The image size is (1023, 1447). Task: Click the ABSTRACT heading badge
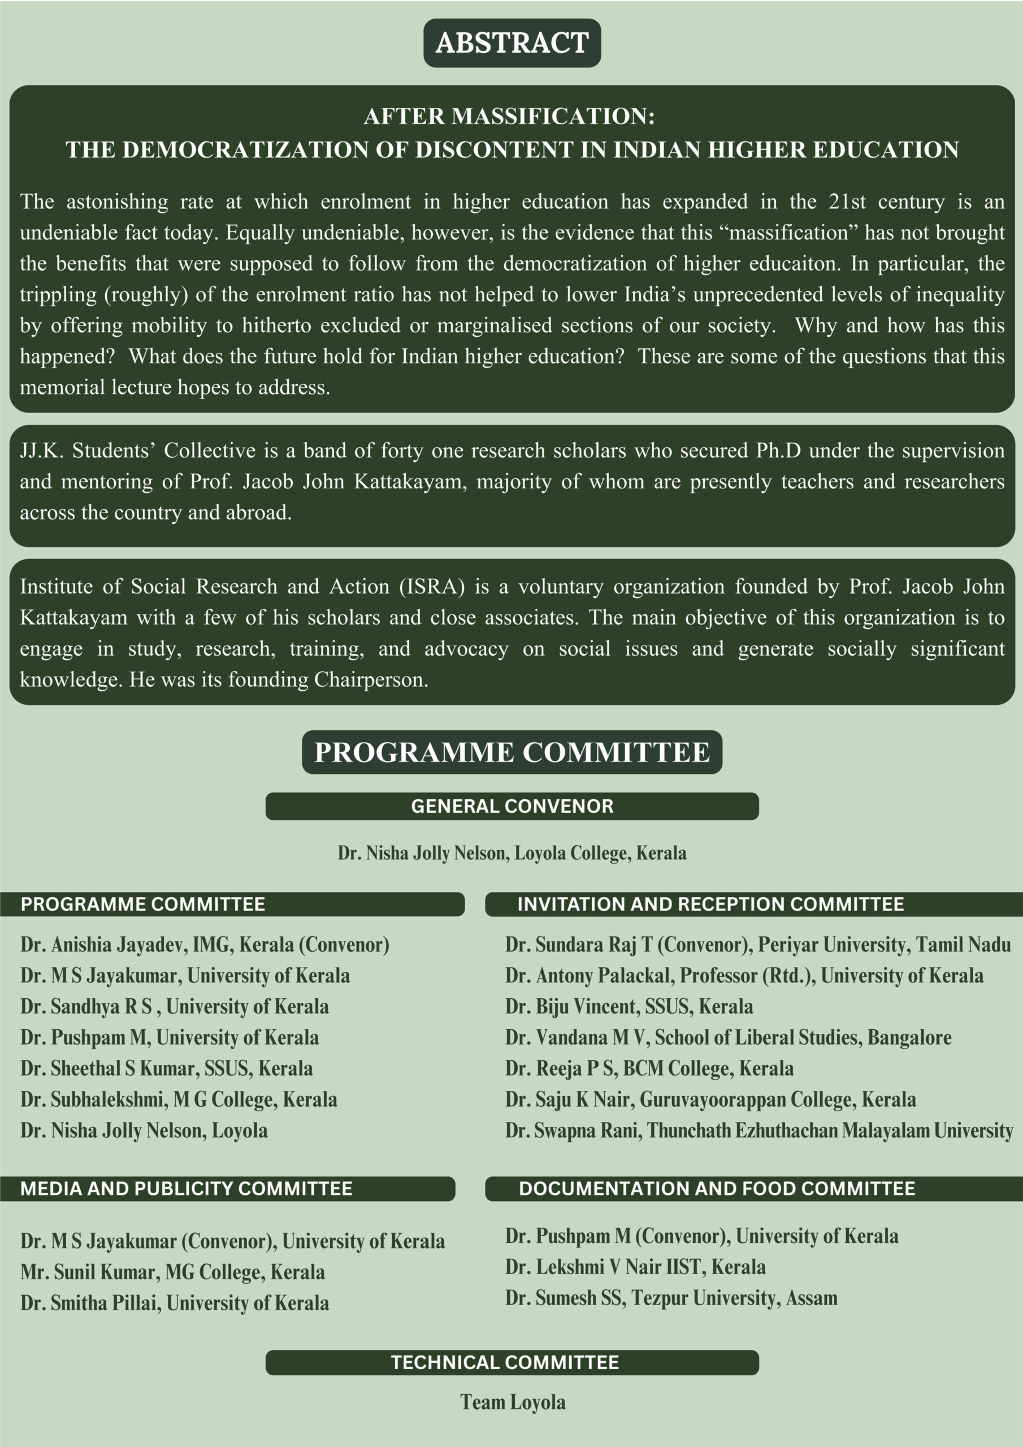pos(512,43)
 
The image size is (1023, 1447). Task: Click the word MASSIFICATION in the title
pos(552,116)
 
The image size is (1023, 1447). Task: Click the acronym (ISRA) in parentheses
pos(432,587)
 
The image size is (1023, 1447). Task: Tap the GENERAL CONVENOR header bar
pos(512,806)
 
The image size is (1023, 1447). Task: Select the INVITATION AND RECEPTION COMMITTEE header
pos(710,904)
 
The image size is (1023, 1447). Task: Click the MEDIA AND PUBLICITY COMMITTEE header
pos(186,1189)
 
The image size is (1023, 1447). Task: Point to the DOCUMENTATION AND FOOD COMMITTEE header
pos(717,1189)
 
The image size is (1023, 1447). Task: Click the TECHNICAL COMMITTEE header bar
pos(505,1363)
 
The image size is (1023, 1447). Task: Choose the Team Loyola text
pos(513,1402)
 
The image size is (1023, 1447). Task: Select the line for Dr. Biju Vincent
pos(628,1007)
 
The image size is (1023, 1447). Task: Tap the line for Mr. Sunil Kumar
pos(172,1272)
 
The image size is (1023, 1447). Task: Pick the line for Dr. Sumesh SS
pos(671,1298)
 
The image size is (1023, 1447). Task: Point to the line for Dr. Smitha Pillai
pos(174,1303)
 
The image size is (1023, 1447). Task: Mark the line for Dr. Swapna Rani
pos(758,1130)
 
